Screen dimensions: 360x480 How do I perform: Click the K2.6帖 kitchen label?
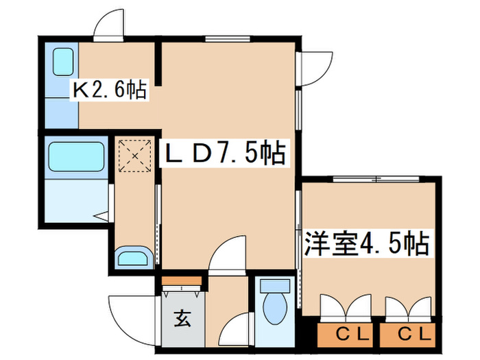pos(110,89)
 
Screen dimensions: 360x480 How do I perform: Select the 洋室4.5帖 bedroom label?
pos(366,243)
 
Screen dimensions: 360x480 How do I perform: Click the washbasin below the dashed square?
pos(134,259)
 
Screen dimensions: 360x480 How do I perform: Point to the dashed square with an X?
pos(134,156)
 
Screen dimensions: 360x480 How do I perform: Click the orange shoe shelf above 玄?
pos(182,280)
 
